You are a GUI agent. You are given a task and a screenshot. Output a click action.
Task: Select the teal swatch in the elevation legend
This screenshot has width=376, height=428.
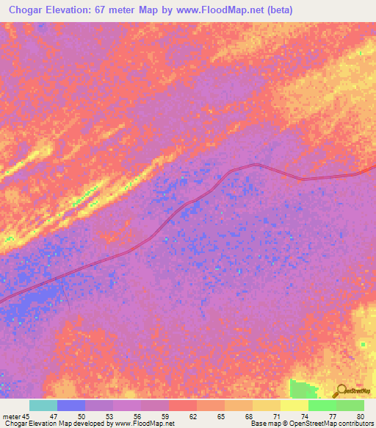click(43, 405)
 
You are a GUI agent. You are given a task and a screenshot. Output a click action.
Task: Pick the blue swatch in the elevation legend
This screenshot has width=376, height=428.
click(71, 405)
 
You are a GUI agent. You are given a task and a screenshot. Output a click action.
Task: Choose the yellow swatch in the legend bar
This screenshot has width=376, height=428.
click(294, 405)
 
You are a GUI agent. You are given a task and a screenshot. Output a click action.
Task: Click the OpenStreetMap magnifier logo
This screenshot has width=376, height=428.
click(340, 390)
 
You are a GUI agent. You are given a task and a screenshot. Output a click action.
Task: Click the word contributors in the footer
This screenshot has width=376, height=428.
click(355, 424)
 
